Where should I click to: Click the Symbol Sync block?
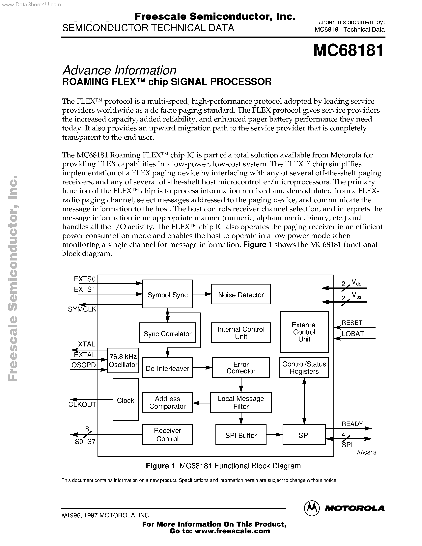click(167, 294)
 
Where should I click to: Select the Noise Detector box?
click(241, 294)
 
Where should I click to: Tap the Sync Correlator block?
click(167, 333)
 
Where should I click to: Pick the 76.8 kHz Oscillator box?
click(123, 361)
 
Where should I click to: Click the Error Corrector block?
click(241, 368)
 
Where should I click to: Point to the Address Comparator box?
click(167, 402)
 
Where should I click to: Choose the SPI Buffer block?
click(241, 435)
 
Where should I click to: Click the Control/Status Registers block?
click(304, 368)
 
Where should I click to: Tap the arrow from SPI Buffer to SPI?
click(274, 435)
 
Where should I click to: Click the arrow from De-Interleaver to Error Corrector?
click(202, 368)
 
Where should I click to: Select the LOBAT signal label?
click(352, 334)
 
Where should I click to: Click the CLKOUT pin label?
click(82, 404)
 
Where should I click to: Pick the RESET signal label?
click(352, 323)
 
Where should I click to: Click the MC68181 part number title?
click(348, 50)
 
